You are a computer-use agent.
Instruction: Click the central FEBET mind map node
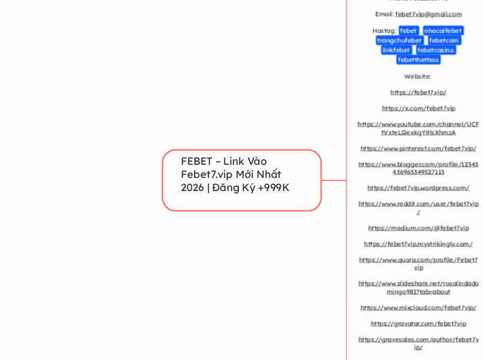point(241,180)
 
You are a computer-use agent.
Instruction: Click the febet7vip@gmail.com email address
point(428,14)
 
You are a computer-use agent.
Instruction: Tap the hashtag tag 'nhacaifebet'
point(442,30)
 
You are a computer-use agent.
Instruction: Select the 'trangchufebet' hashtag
point(399,40)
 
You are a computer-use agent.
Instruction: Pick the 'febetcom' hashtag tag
point(444,40)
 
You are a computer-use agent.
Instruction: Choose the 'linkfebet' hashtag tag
point(396,50)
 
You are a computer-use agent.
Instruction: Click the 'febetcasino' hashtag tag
point(435,50)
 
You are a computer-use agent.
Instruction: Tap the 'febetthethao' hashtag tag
point(418,60)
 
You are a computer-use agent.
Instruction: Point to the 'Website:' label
point(417,76)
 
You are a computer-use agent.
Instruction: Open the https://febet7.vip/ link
point(418,92)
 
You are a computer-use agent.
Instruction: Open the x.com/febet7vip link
point(418,108)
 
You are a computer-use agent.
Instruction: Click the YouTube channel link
point(418,128)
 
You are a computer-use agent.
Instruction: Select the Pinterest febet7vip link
point(418,148)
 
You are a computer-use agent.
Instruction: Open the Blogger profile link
point(418,168)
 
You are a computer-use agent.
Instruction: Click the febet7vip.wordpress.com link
point(418,188)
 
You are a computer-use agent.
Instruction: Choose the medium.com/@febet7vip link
point(418,228)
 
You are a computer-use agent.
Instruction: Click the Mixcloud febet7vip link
point(418,307)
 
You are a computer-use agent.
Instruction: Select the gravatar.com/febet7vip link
point(418,323)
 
